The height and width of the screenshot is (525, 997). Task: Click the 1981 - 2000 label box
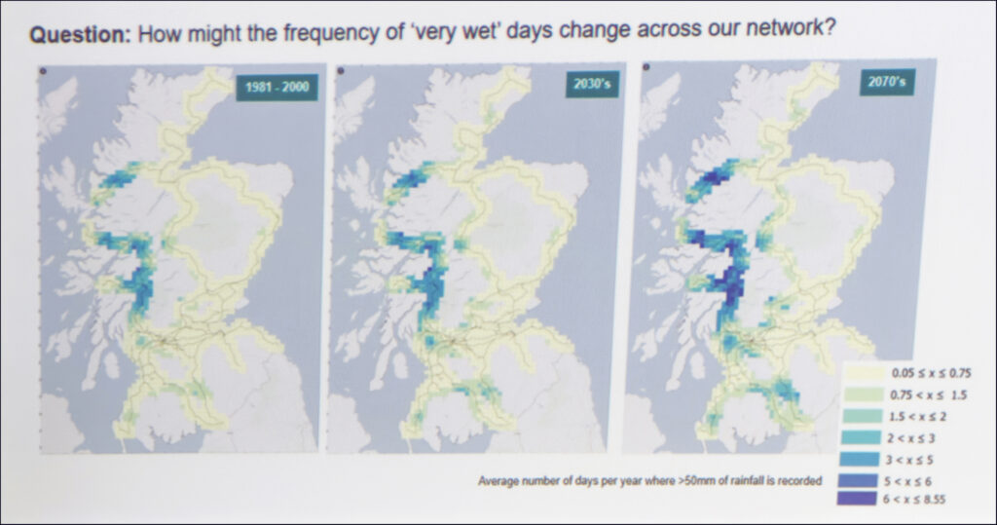point(277,87)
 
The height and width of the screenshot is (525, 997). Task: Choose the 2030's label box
point(592,84)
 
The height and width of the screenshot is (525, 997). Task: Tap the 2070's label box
point(887,82)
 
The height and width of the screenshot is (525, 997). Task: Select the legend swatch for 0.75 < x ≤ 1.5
point(863,395)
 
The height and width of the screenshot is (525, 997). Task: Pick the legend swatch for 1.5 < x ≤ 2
point(862,417)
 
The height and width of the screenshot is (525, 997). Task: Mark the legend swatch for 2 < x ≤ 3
point(861,437)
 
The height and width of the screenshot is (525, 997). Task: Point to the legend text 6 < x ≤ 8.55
point(913,500)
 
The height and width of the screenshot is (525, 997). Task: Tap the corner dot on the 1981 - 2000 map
point(43,71)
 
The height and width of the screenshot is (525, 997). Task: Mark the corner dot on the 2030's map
point(340,70)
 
